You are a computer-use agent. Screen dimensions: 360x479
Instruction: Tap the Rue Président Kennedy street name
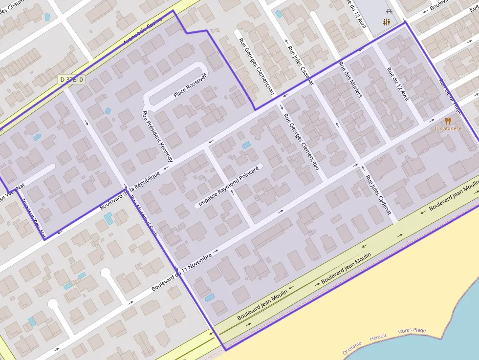[157, 136]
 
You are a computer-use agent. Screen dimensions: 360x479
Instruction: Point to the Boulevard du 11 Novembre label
[181, 272]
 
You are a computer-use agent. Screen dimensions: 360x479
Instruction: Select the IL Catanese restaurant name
[448, 128]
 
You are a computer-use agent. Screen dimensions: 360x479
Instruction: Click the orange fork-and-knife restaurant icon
[448, 121]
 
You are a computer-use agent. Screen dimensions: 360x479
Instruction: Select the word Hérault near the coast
[378, 336]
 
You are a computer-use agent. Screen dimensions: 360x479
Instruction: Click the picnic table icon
[390, 11]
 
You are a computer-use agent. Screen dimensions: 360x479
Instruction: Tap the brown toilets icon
[387, 22]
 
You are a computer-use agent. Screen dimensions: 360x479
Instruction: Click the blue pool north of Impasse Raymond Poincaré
[246, 145]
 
